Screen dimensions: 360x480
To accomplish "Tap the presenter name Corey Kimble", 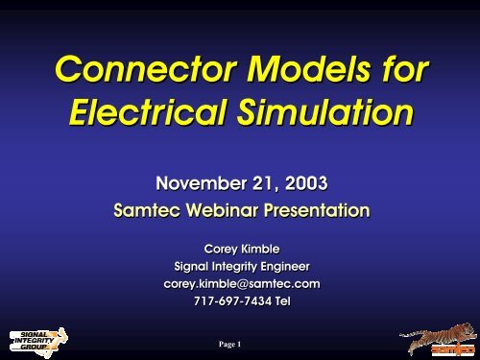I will [240, 249].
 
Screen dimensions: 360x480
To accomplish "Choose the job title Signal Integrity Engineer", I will [240, 266].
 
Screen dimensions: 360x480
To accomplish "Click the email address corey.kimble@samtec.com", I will [240, 284].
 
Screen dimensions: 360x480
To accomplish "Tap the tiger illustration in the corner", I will [432, 331].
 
